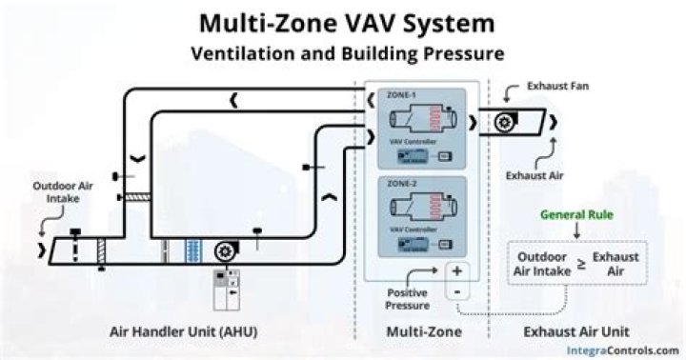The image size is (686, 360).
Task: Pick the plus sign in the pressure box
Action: click(456, 270)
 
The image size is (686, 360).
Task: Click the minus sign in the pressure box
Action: click(456, 290)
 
